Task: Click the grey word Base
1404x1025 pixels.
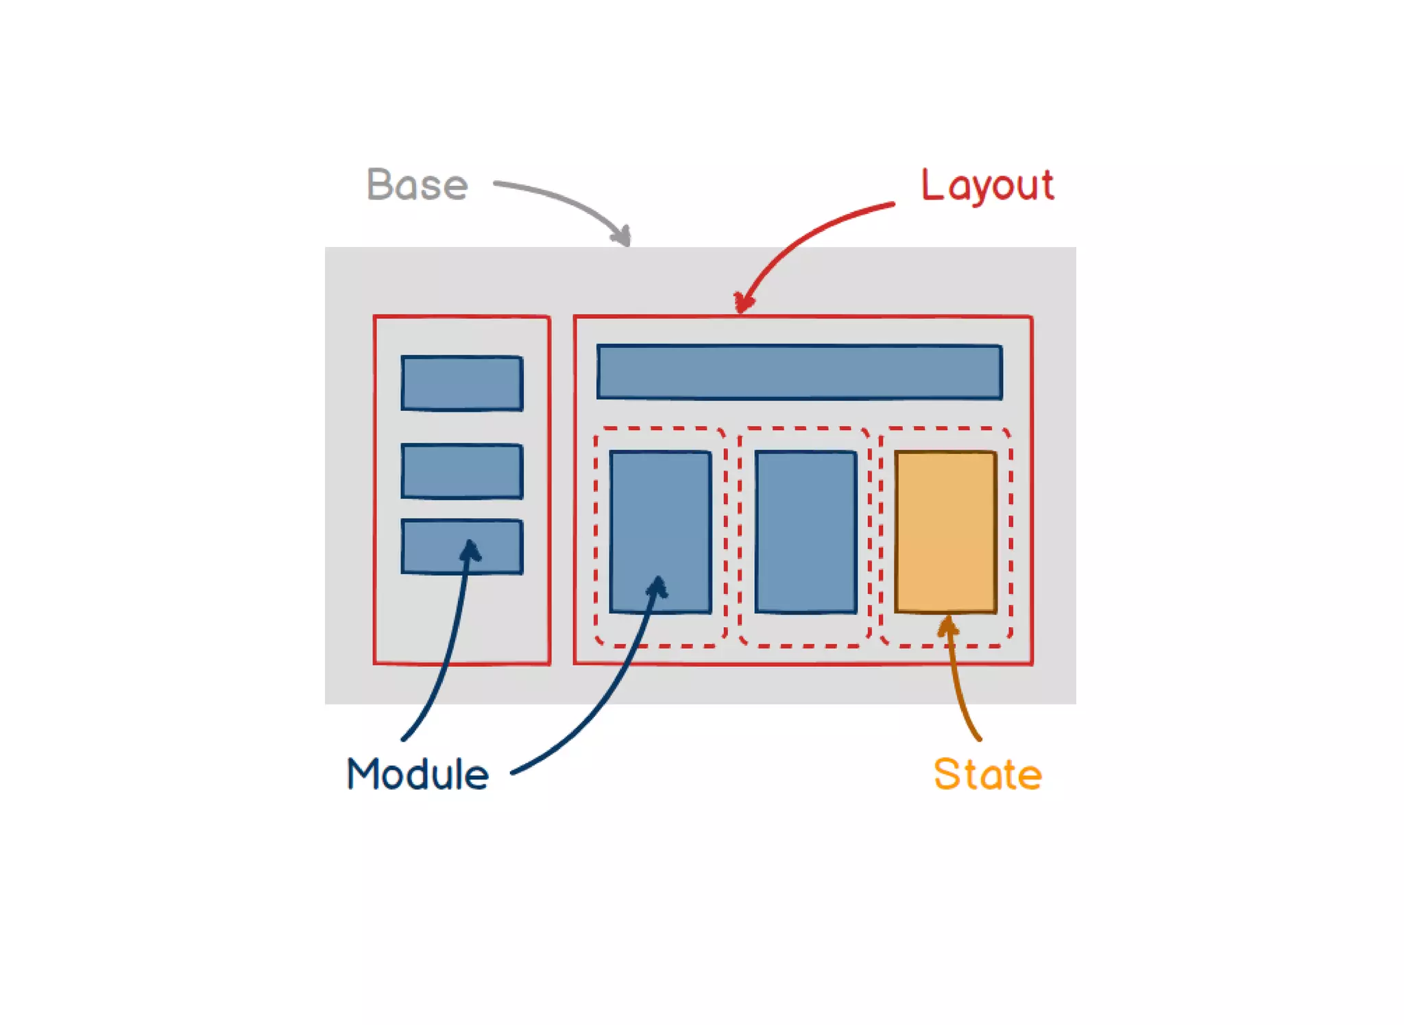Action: [x=417, y=185]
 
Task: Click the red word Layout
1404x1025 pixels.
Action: [x=987, y=185]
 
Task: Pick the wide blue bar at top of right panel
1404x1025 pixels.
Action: [x=799, y=372]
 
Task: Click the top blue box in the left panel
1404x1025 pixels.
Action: [x=462, y=383]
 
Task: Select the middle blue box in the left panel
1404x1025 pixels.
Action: [x=462, y=471]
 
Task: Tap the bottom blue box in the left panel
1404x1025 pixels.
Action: [x=439, y=547]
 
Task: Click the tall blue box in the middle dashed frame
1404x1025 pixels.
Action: [x=806, y=531]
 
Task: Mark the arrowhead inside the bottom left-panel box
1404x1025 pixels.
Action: [x=470, y=550]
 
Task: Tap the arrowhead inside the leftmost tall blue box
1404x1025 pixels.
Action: [x=658, y=586]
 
